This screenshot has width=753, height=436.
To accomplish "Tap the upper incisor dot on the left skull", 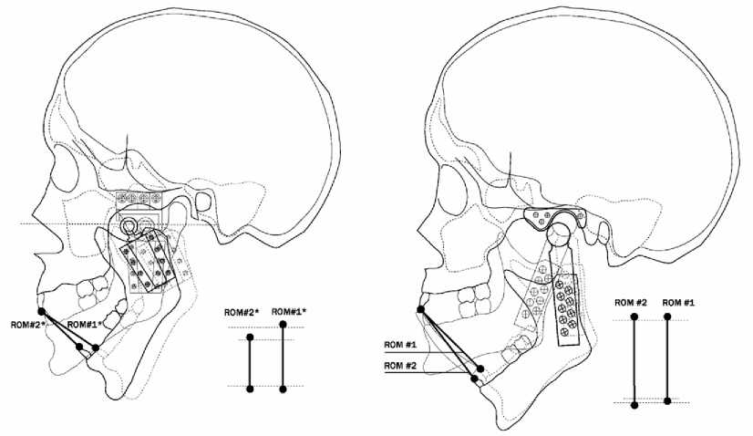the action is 41,311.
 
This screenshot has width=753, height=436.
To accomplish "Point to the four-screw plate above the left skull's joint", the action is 139,198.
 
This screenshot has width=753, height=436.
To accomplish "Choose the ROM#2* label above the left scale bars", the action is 242,313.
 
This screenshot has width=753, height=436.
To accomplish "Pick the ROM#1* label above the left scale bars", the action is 290,311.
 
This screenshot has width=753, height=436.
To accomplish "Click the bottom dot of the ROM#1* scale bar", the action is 284,389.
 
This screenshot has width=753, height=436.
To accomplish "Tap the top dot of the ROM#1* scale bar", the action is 284,325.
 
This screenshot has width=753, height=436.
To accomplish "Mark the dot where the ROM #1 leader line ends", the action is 480,369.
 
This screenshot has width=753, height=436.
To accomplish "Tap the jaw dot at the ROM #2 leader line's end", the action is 474,378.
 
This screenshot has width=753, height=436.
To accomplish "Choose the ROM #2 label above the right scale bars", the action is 631,302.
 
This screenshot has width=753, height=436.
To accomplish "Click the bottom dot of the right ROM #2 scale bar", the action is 635,403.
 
